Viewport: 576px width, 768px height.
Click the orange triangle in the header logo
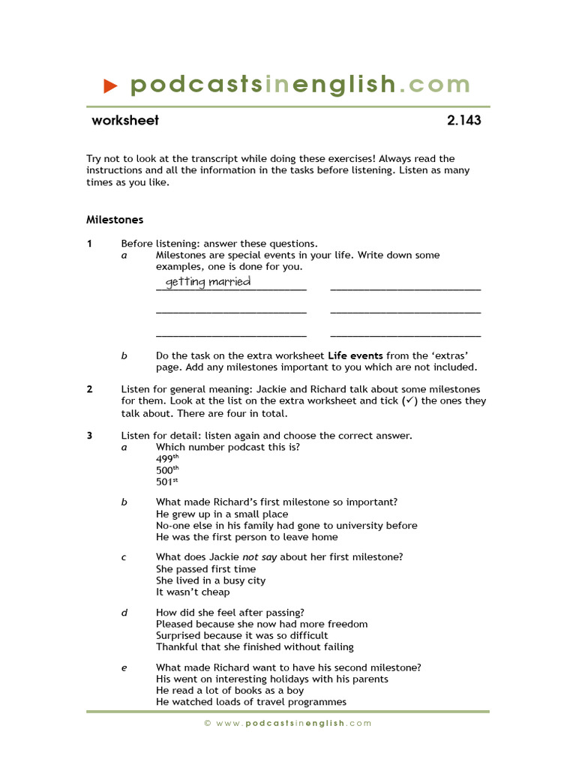coord(110,85)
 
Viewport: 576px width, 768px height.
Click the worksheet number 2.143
coord(463,120)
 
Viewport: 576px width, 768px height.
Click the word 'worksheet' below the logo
coord(125,120)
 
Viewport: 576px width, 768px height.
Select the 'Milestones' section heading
coord(115,220)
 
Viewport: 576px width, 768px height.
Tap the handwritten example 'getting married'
coord(208,282)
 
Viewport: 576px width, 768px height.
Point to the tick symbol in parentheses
coord(409,401)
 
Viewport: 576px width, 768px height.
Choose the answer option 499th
coord(167,459)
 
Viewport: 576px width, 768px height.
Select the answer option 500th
coord(167,470)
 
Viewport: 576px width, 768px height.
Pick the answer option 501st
coord(166,482)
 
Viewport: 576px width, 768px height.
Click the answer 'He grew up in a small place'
coord(222,514)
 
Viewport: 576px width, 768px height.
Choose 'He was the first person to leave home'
coord(247,537)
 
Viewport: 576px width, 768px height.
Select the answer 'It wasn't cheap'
coord(193,592)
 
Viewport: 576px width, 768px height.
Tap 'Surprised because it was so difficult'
coord(242,635)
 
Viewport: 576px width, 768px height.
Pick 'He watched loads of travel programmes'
coord(251,702)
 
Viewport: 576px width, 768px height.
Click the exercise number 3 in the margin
coord(89,436)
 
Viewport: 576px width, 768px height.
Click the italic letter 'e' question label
coord(124,667)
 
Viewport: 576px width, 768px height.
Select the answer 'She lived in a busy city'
coord(211,580)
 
